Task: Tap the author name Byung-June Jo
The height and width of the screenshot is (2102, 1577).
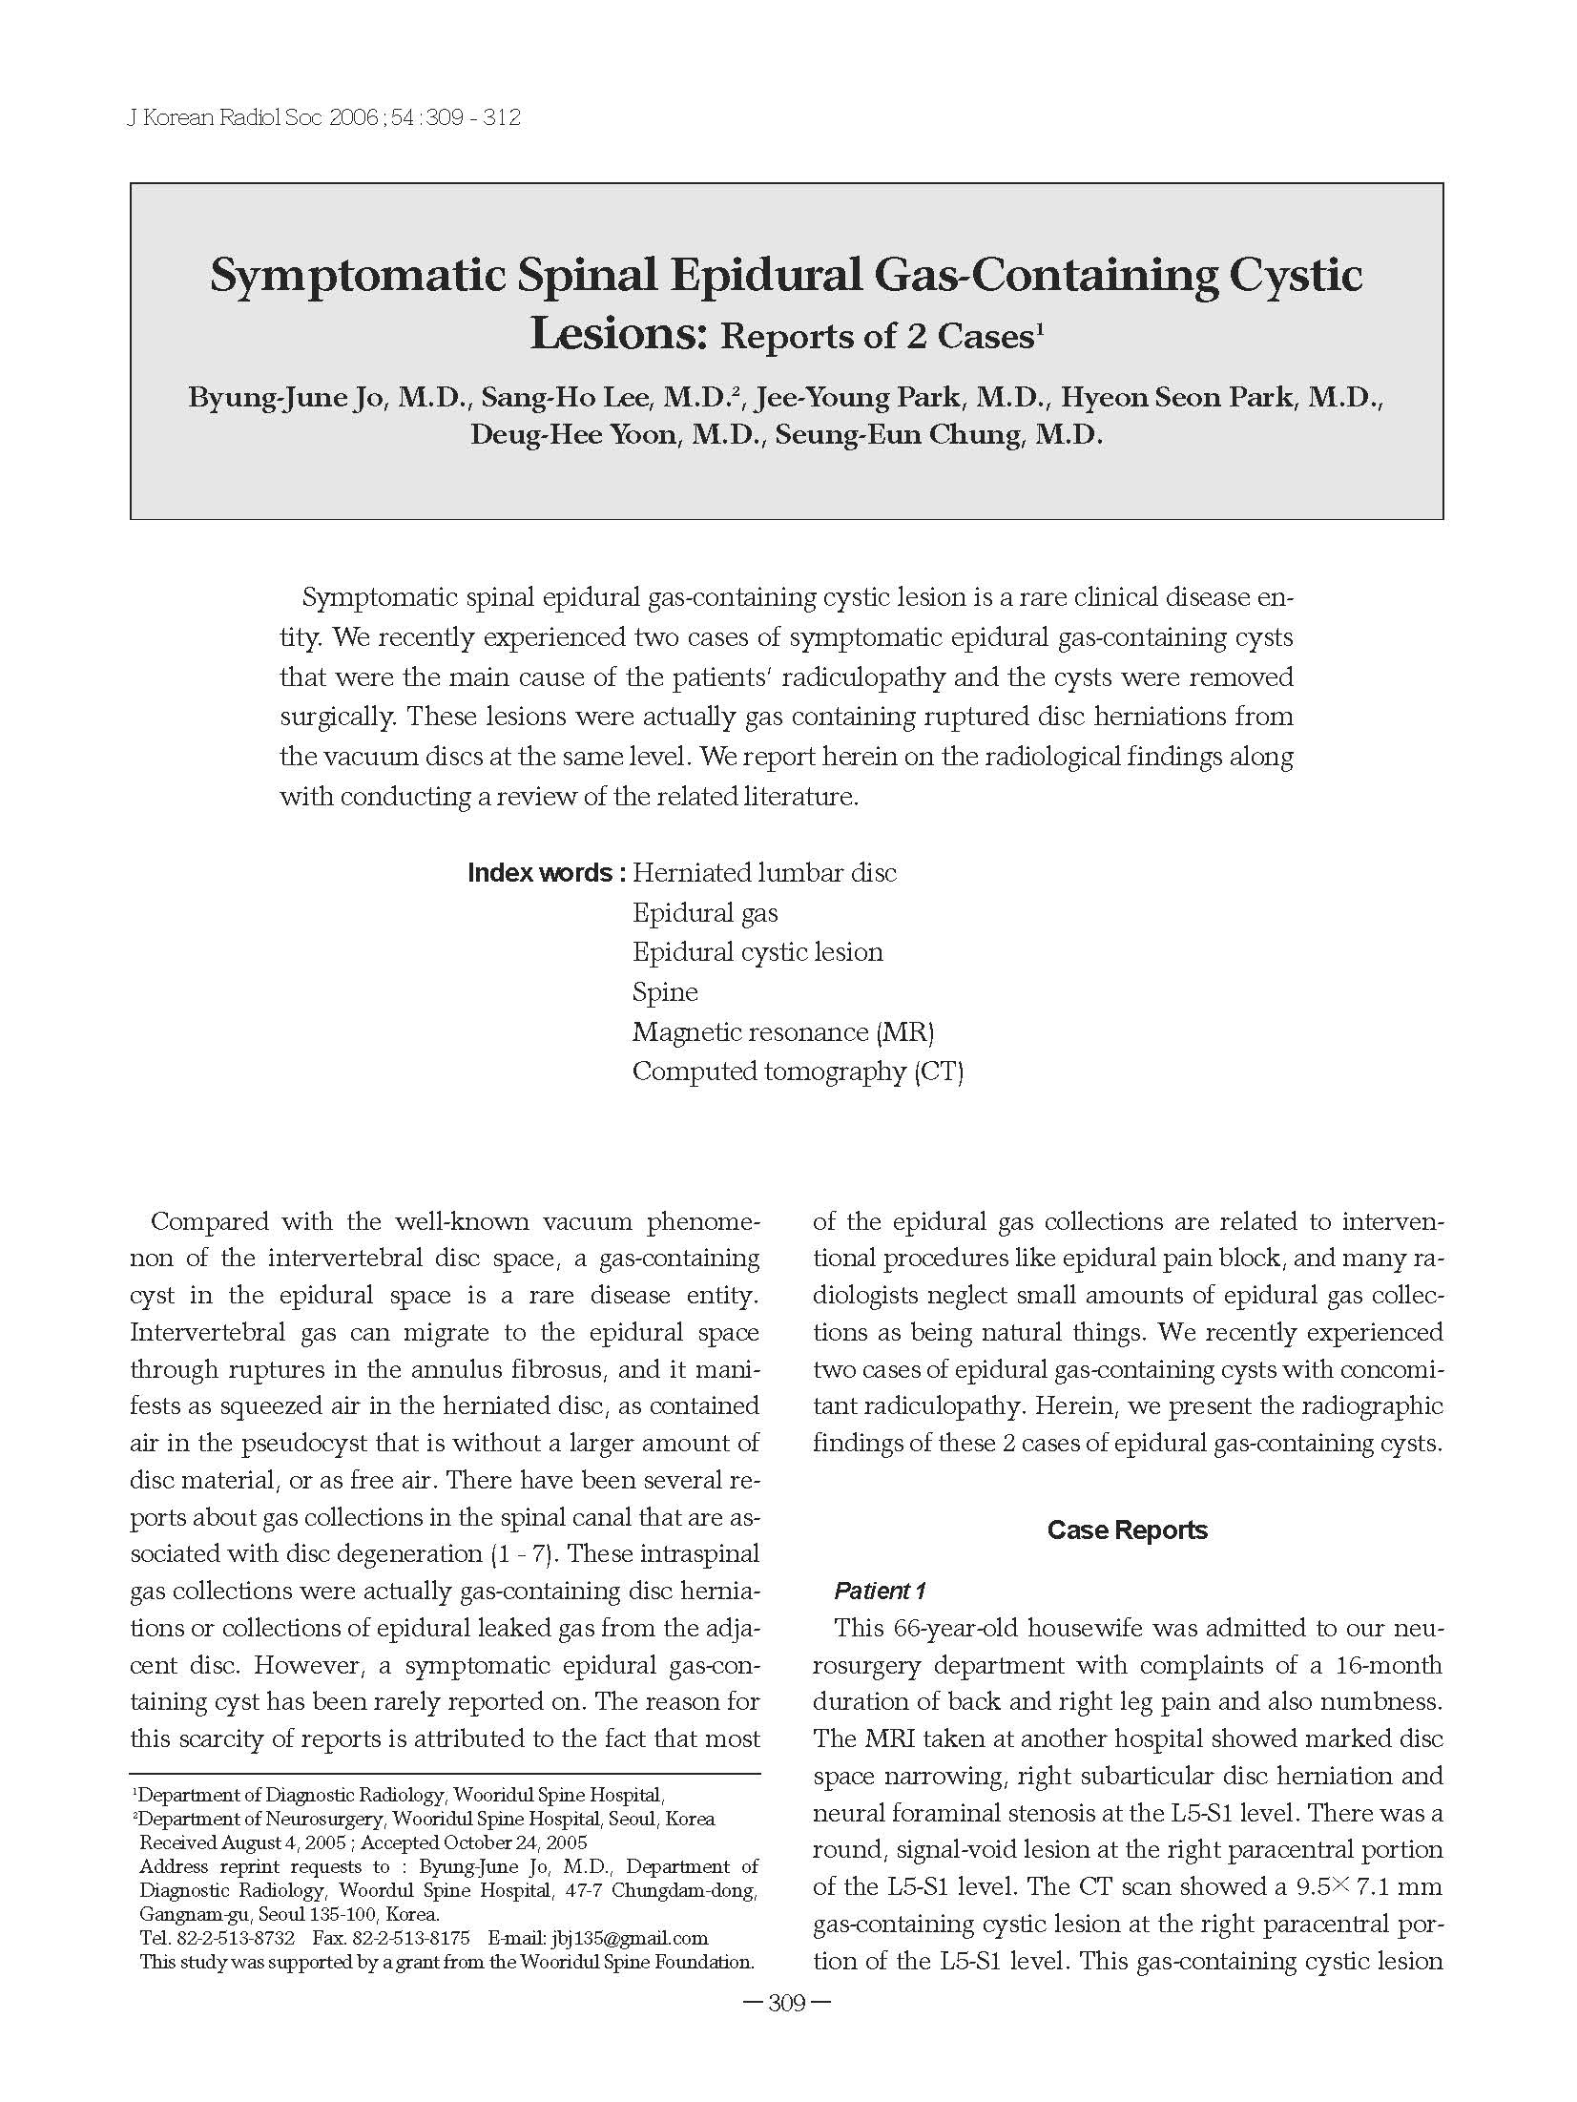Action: click(x=285, y=397)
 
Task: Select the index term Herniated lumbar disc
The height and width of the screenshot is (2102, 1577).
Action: click(x=764, y=873)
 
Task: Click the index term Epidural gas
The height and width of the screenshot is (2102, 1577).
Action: click(x=705, y=913)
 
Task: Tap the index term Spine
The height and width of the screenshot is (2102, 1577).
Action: click(x=665, y=992)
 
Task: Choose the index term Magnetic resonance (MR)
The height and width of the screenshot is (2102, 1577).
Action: click(x=782, y=1032)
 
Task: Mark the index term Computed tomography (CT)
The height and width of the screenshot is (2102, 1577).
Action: click(x=798, y=1072)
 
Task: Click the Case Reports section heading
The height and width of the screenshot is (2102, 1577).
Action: click(x=1127, y=1530)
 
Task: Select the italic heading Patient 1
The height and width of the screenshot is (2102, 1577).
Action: click(x=880, y=1591)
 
